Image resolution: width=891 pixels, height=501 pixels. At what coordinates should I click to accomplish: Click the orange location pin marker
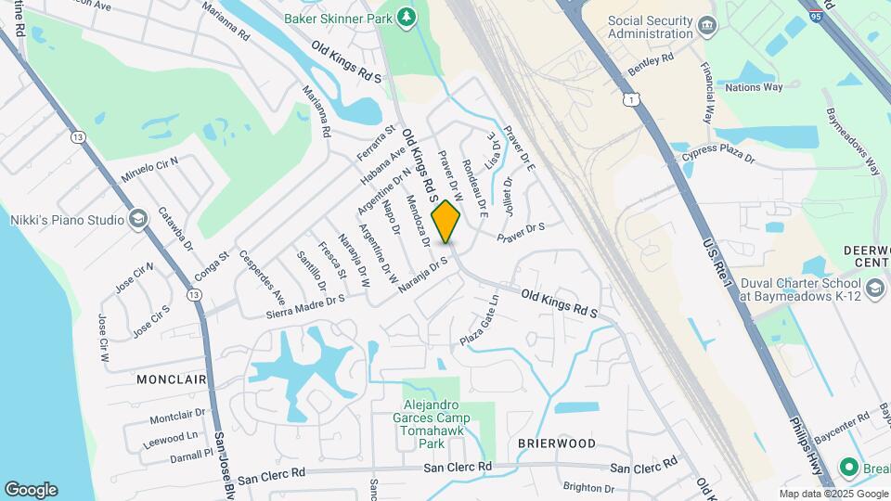click(446, 222)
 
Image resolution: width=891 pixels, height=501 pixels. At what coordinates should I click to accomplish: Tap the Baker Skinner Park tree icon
click(406, 17)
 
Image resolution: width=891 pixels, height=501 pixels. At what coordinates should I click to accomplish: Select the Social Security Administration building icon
click(709, 24)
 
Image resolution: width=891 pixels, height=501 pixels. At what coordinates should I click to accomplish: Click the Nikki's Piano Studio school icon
click(138, 219)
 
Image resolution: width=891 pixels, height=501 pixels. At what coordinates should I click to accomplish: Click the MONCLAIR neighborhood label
click(171, 379)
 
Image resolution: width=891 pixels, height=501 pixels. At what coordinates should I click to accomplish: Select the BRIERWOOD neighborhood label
click(557, 443)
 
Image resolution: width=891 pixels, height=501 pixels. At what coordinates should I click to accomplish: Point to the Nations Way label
click(754, 87)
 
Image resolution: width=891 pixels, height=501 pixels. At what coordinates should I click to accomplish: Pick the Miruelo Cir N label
click(149, 170)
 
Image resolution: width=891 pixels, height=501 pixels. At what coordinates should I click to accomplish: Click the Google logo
click(31, 490)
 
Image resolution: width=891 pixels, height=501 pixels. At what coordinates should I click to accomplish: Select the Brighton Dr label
click(588, 488)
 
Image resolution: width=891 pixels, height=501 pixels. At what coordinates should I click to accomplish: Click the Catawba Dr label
click(175, 229)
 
